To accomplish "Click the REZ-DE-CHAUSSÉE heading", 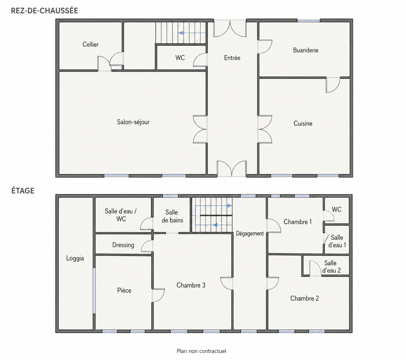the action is point(45,11).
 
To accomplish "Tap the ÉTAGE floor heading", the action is point(23,191).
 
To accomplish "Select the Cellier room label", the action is point(91,44).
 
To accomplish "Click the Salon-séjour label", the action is point(133,122).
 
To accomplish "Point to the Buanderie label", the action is point(306,50).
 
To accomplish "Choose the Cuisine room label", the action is point(303,123).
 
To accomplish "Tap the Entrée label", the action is point(232,58).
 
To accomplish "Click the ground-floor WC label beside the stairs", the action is point(180,58).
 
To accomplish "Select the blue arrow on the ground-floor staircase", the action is point(192,33).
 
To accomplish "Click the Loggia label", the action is point(75,258).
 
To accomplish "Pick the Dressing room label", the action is point(123,245).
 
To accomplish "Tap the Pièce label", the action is point(124,290).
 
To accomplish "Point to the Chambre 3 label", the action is point(191,285).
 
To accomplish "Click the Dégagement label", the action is point(250,233).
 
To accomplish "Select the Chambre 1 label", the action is point(297,222).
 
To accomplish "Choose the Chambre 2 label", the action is point(304,298).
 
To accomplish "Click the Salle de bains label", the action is point(172,216).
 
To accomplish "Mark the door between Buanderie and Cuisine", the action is point(333,85).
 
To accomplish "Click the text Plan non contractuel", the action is point(201,351).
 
